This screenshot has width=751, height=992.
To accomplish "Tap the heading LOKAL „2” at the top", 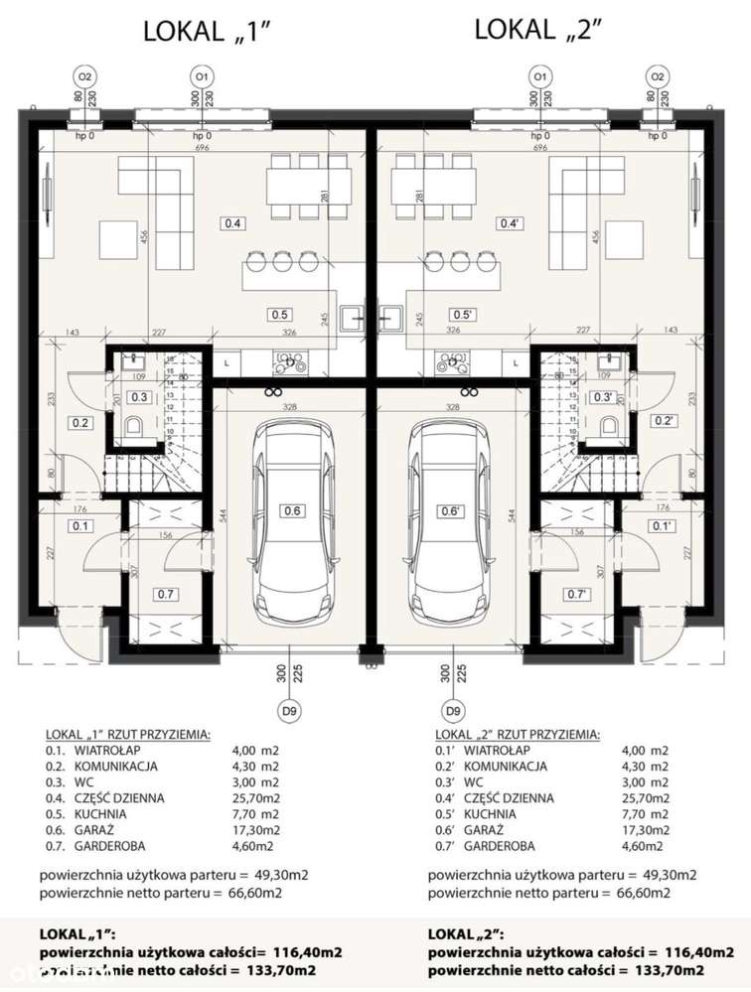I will [x=539, y=30].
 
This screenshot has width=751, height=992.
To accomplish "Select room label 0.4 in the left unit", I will [x=232, y=222].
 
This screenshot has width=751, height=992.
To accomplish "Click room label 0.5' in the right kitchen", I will [x=462, y=314].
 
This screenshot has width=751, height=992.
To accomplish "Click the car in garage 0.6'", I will [x=452, y=516].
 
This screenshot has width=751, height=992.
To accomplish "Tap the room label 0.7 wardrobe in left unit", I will [x=165, y=595].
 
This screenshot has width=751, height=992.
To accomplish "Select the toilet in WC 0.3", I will [x=136, y=428].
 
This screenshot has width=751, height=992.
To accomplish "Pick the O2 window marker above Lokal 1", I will [x=85, y=75].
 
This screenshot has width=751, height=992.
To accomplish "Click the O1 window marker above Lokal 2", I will [x=539, y=75].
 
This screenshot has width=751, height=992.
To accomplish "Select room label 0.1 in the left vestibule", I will [x=80, y=526].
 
